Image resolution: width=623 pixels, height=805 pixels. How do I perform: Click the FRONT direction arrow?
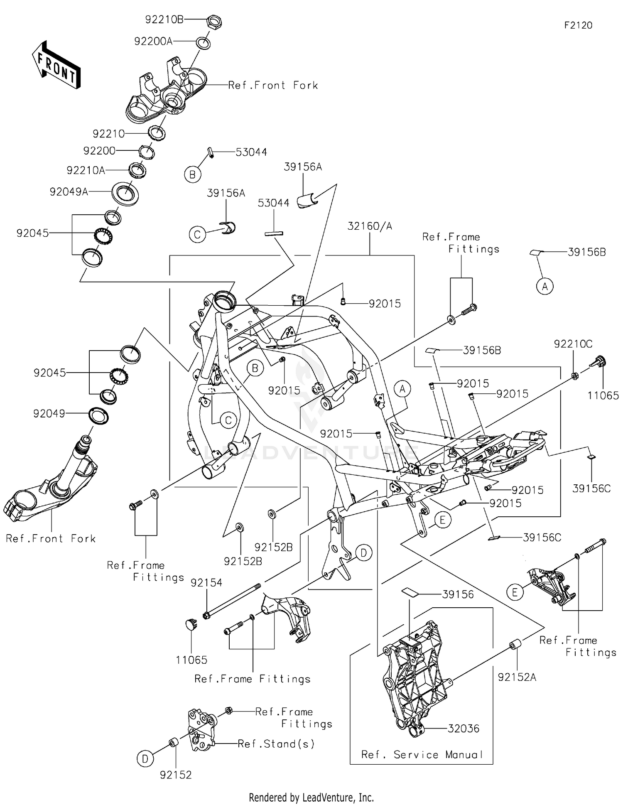56,65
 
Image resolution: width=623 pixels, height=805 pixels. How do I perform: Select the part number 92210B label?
164,20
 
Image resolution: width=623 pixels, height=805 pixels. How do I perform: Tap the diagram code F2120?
578,25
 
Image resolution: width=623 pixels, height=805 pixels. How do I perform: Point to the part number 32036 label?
464,740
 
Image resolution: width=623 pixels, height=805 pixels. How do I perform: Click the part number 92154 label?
206,583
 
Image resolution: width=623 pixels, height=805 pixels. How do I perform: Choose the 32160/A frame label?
370,226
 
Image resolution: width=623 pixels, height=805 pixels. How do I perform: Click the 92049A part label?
69,191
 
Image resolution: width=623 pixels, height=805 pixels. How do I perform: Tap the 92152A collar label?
517,677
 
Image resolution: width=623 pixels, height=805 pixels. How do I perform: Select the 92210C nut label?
573,344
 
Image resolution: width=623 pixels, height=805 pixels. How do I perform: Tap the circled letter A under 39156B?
545,286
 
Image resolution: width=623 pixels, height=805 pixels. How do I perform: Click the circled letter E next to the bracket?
515,592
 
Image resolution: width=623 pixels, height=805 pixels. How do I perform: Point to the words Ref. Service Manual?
422,754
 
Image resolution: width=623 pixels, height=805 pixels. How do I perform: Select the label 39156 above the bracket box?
458,594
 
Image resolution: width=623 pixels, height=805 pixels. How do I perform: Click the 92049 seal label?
49,413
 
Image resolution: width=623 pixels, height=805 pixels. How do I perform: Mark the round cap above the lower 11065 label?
191,624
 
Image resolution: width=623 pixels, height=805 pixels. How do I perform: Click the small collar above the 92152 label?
173,742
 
